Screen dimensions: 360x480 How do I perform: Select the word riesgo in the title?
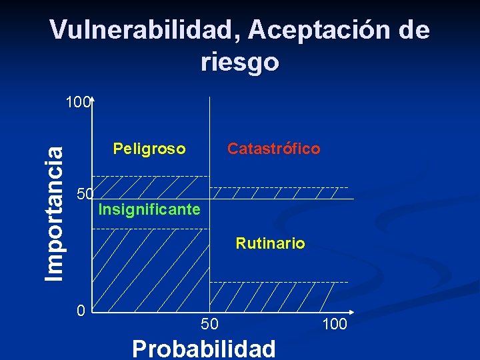239,62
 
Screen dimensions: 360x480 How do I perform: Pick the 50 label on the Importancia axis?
85,194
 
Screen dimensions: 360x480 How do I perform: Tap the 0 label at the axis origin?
80,311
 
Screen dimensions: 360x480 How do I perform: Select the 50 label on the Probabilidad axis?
209,325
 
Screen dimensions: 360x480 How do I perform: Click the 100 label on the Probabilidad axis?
333,325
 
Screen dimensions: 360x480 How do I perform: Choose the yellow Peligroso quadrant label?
149,149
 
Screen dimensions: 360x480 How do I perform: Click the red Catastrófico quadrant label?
273,149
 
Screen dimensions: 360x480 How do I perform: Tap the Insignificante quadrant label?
149,210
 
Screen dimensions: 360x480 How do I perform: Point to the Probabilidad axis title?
203,348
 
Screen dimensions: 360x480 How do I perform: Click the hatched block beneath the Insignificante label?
150,270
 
